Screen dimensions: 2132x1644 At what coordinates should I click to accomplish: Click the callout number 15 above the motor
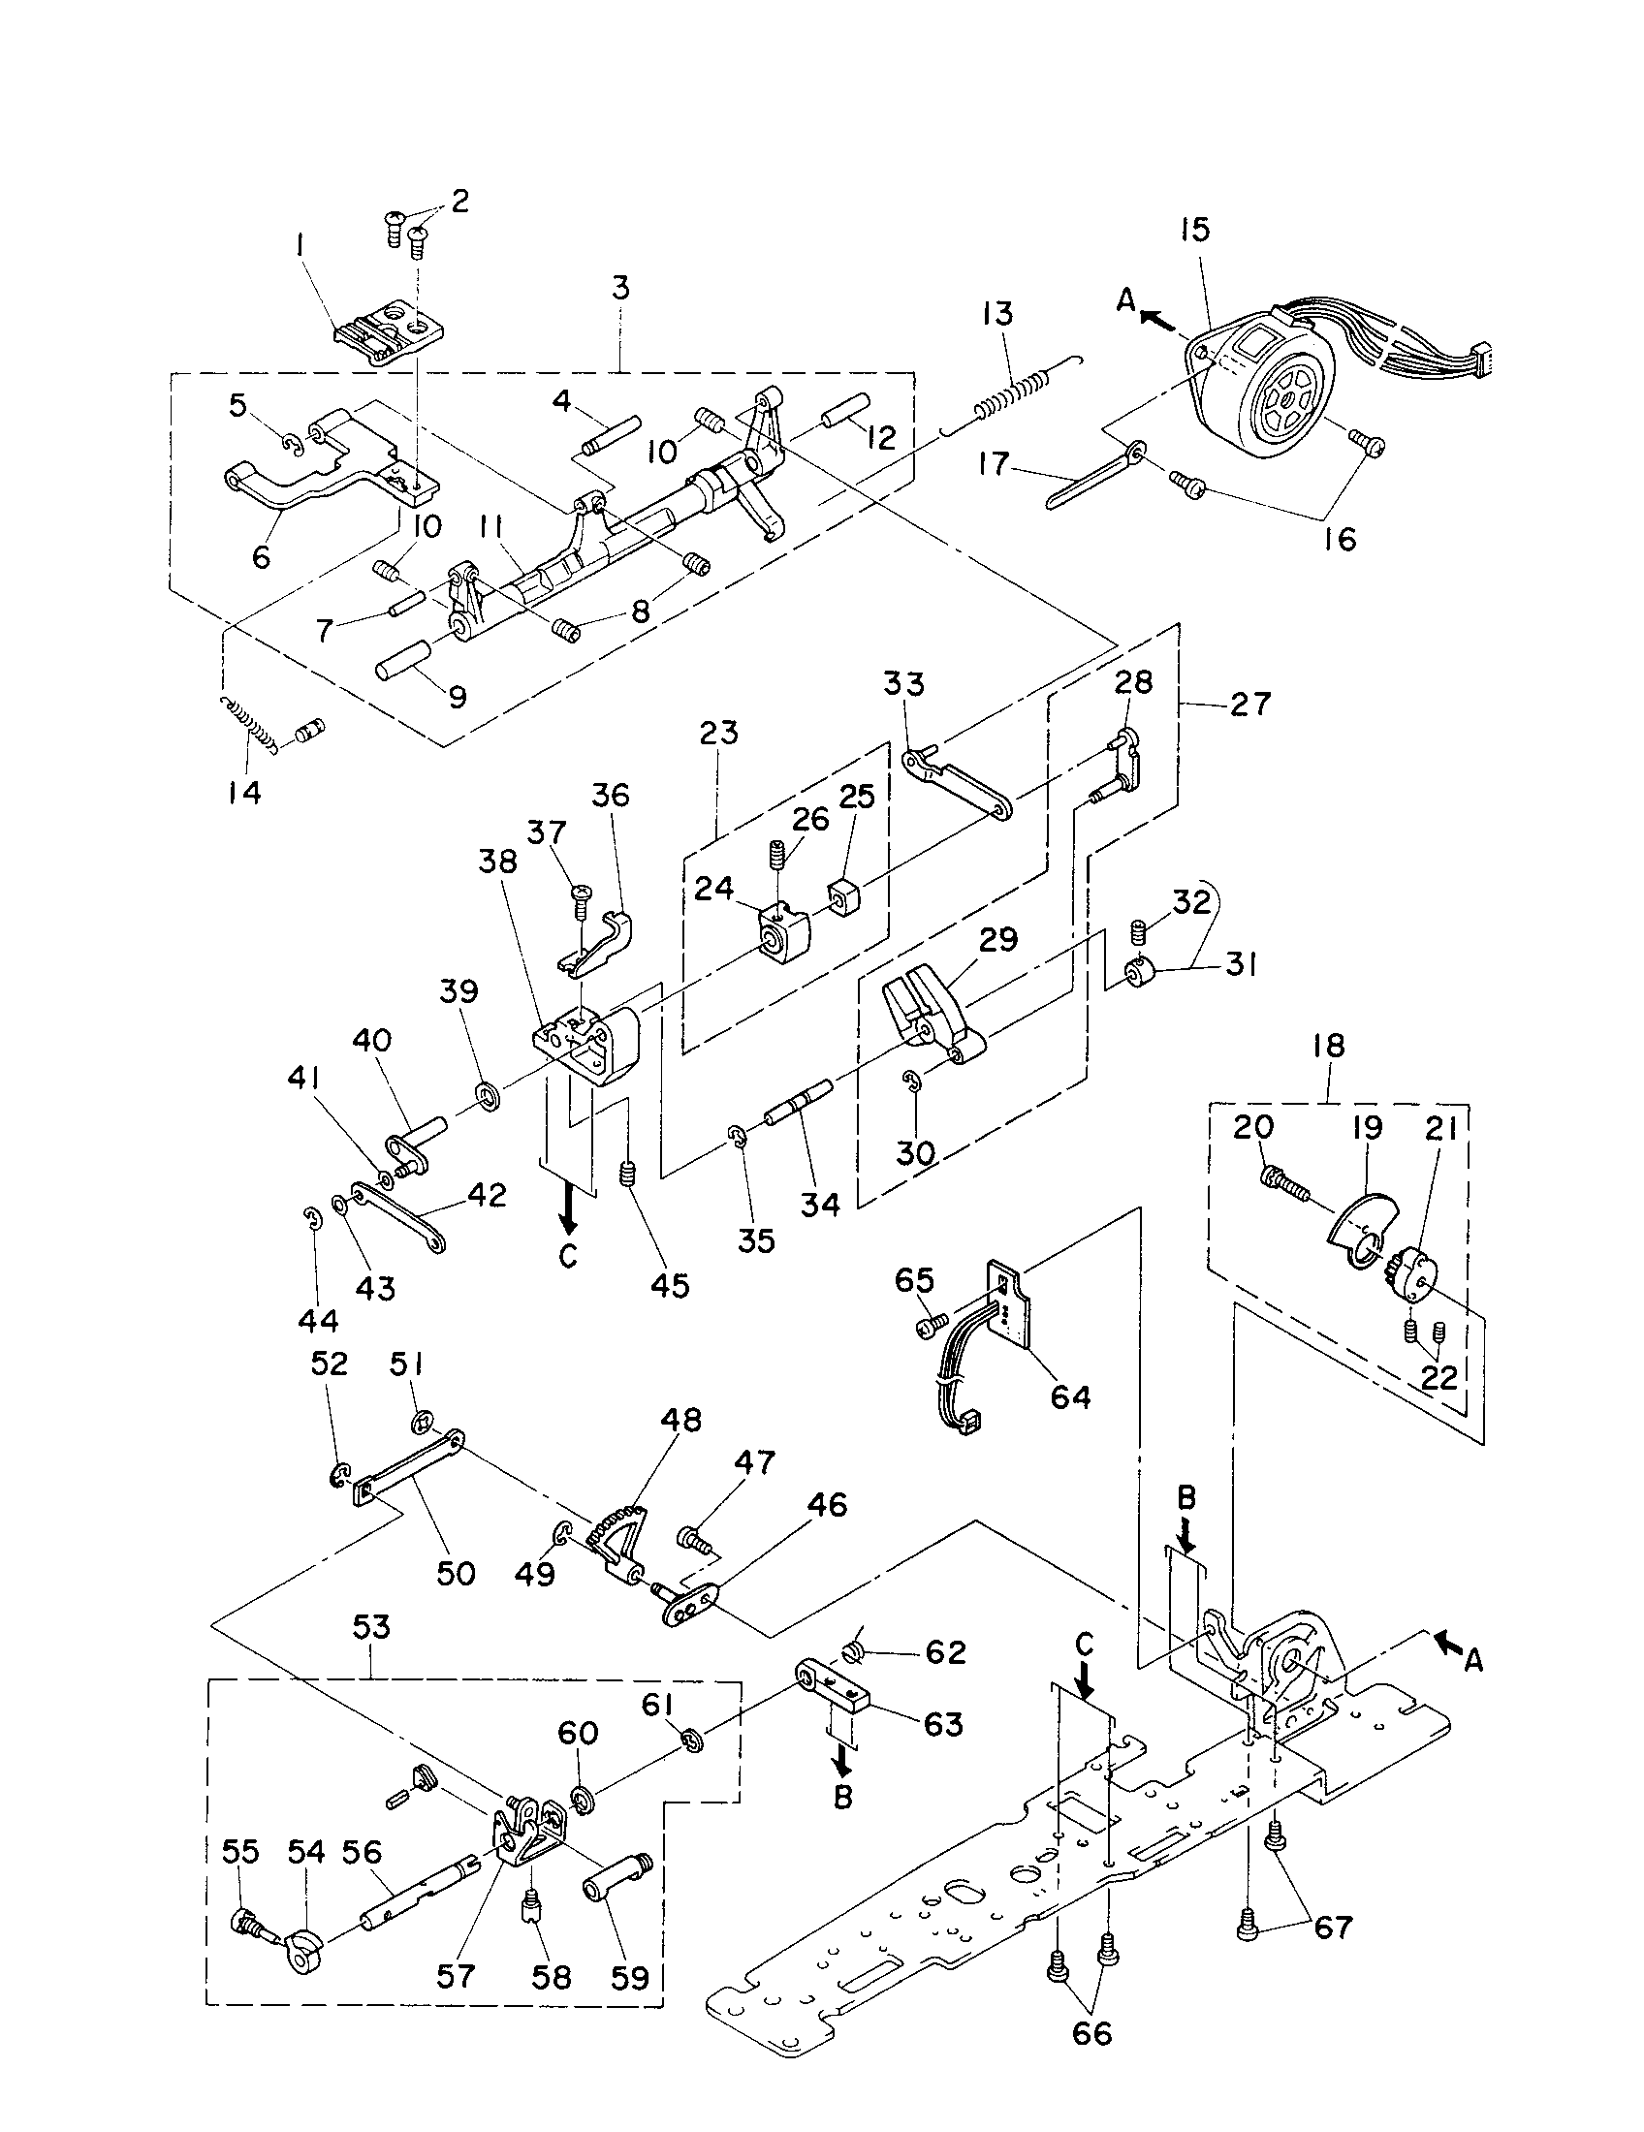(1194, 230)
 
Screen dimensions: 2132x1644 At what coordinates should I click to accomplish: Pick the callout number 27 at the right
(1250, 704)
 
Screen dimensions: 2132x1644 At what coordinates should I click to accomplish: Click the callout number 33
(903, 683)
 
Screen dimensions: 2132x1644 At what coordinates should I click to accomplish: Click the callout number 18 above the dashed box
(1329, 1046)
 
